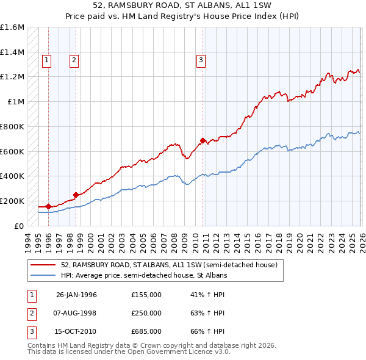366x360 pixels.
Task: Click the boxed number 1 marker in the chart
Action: tap(47, 60)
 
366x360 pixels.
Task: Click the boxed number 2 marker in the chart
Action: tap(74, 60)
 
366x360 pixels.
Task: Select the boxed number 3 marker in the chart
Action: tap(201, 60)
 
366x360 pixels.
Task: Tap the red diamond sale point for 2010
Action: tap(203, 140)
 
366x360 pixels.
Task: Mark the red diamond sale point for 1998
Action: tap(76, 195)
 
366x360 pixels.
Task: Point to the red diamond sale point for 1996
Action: tap(49, 206)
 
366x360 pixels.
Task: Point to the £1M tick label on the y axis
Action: tap(16, 102)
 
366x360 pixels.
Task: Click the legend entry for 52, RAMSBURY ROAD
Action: tap(169, 265)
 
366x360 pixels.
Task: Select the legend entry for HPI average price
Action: tap(144, 276)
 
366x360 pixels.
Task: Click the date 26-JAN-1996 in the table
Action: tap(76, 295)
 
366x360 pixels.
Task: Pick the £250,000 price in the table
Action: tap(146, 313)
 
